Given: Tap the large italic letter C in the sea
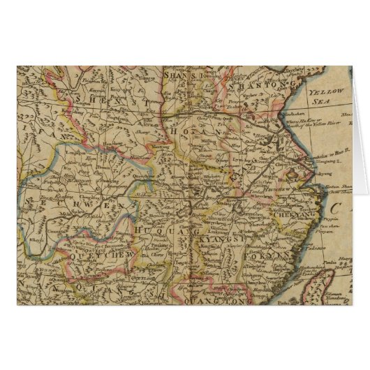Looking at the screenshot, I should tap(339, 207).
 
